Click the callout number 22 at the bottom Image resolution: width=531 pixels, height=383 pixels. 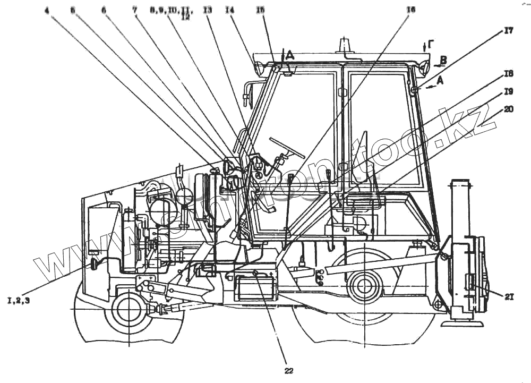coord(289,371)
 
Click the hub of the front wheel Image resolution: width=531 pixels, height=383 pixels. coord(127,310)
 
